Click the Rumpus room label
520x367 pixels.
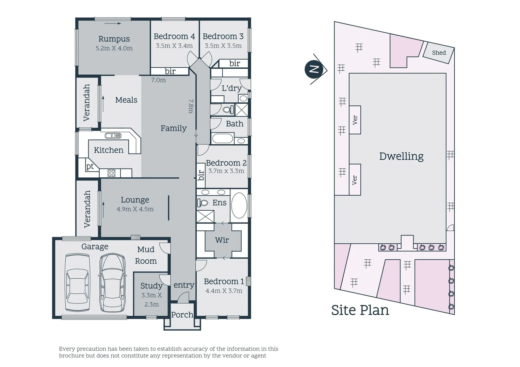tap(114, 39)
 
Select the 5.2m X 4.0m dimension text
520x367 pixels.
tap(114, 48)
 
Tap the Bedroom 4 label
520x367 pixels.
tap(174, 36)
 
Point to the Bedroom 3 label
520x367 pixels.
tap(223, 36)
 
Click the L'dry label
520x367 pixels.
tap(231, 88)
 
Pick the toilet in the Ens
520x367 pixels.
tap(203, 203)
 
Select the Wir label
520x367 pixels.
tap(222, 240)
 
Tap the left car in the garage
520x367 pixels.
tap(77, 283)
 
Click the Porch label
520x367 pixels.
tap(182, 315)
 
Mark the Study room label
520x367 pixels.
tap(151, 286)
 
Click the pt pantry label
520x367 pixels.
tap(90, 167)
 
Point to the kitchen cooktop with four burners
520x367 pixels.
tap(112, 173)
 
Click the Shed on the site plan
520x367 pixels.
tap(439, 53)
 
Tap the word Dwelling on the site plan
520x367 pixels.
tap(401, 156)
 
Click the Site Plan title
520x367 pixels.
tap(360, 310)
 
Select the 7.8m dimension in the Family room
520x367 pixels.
tap(191, 106)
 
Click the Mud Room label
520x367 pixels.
tap(146, 255)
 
